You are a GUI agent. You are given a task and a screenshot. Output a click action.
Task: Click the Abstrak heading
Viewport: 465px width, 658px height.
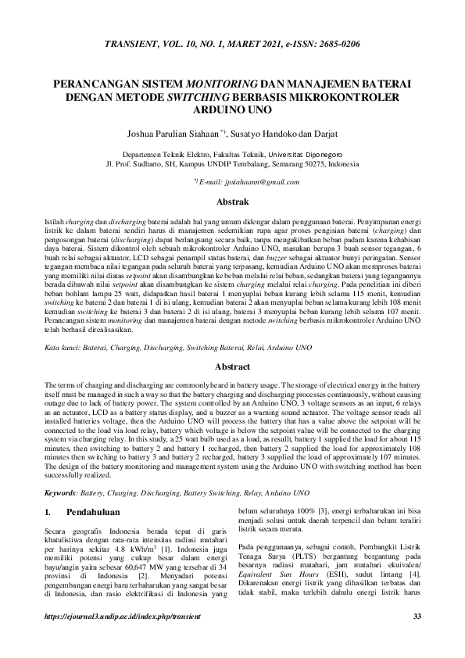click(x=232, y=202)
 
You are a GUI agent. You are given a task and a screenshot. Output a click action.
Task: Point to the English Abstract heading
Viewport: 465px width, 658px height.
click(x=232, y=366)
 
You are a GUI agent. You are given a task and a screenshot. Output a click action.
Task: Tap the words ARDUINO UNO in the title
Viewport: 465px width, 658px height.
click(x=232, y=111)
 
